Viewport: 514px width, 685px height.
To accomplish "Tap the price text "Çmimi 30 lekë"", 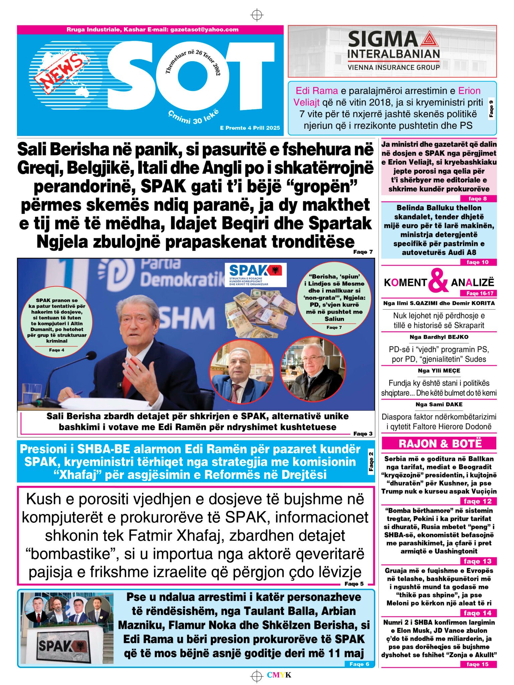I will [193, 117].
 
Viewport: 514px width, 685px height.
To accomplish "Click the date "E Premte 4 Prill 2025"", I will [250, 128].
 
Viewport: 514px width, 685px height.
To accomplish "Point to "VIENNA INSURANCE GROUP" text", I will [394, 67].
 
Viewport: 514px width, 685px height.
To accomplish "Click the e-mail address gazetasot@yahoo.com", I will [204, 29].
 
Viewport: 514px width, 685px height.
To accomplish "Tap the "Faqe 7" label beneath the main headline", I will [363, 252].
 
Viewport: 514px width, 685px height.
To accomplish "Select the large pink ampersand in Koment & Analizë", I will [438, 281].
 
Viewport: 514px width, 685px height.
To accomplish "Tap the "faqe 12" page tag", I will [478, 501].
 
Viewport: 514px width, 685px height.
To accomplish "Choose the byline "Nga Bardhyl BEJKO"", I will [439, 337].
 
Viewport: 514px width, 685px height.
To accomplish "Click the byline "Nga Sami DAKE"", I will [439, 404].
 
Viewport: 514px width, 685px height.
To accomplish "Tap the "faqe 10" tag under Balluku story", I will [478, 262].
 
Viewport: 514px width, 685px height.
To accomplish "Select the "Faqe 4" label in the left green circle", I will [57, 350].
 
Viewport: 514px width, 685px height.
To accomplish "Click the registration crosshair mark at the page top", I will [257, 15].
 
